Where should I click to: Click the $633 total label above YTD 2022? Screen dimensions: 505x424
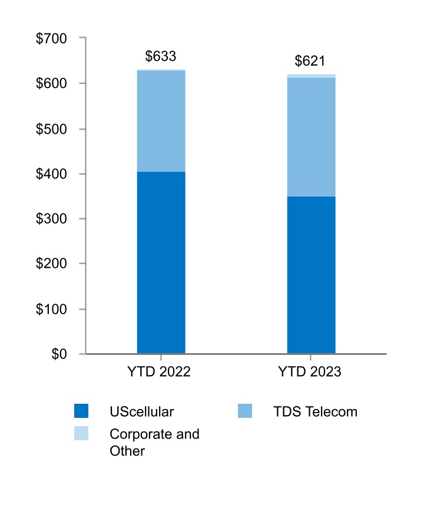pos(161,57)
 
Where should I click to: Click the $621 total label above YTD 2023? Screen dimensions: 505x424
pos(310,61)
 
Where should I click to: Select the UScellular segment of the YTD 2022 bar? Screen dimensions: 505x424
pos(161,263)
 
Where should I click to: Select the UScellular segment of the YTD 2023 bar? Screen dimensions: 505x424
pos(311,275)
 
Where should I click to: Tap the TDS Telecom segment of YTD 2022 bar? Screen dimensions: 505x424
pos(161,121)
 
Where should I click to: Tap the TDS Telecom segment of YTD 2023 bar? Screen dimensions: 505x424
pos(311,137)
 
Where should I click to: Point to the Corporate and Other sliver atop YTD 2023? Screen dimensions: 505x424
pos(311,76)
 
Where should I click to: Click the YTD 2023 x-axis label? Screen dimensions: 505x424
pos(310,372)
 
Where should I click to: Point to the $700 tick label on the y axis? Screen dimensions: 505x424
pos(52,39)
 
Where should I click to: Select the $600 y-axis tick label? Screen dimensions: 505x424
pos(52,84)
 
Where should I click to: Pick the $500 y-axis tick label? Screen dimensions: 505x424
pos(52,129)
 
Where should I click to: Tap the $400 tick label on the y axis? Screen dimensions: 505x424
pos(52,174)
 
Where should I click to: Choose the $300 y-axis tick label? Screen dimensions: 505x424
pos(52,219)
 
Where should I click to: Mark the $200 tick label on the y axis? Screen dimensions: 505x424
pos(52,264)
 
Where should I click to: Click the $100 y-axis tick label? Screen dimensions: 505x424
pos(52,310)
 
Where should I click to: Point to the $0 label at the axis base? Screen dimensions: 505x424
pos(59,354)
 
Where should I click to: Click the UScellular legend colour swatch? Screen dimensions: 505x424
pos(81,411)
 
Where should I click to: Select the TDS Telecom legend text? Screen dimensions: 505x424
pos(315,411)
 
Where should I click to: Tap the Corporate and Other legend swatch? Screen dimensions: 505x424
pos(81,434)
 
